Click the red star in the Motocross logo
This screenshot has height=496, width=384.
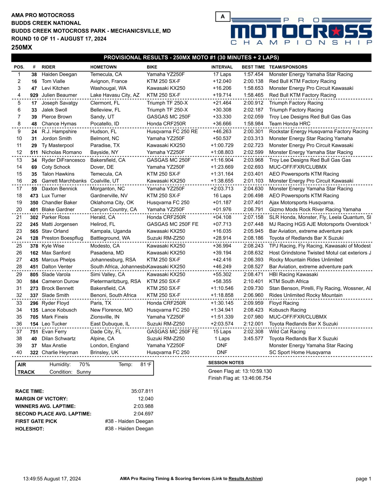(336, 31)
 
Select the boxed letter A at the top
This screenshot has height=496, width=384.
(223, 17)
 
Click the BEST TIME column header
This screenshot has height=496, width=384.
(253, 67)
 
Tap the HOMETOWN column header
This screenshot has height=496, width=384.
(103, 67)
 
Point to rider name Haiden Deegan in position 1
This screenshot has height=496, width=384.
(59, 75)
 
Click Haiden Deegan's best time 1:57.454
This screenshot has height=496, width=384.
(253, 75)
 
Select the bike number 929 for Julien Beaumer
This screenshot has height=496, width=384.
(34, 95)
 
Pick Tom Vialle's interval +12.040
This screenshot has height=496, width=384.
(222, 81)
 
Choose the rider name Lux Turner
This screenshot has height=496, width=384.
(54, 196)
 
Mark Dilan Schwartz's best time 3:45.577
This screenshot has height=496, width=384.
(253, 338)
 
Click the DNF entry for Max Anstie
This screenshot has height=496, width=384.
(222, 345)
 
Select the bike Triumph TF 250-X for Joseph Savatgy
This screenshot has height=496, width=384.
(167, 103)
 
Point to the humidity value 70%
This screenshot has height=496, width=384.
(84, 364)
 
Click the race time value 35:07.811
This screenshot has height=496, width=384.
(142, 391)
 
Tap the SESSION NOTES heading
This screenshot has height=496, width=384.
(226, 363)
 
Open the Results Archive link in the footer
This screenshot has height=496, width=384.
(245, 478)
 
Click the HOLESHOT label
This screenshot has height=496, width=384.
(29, 429)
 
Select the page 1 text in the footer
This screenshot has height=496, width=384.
(363, 478)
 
